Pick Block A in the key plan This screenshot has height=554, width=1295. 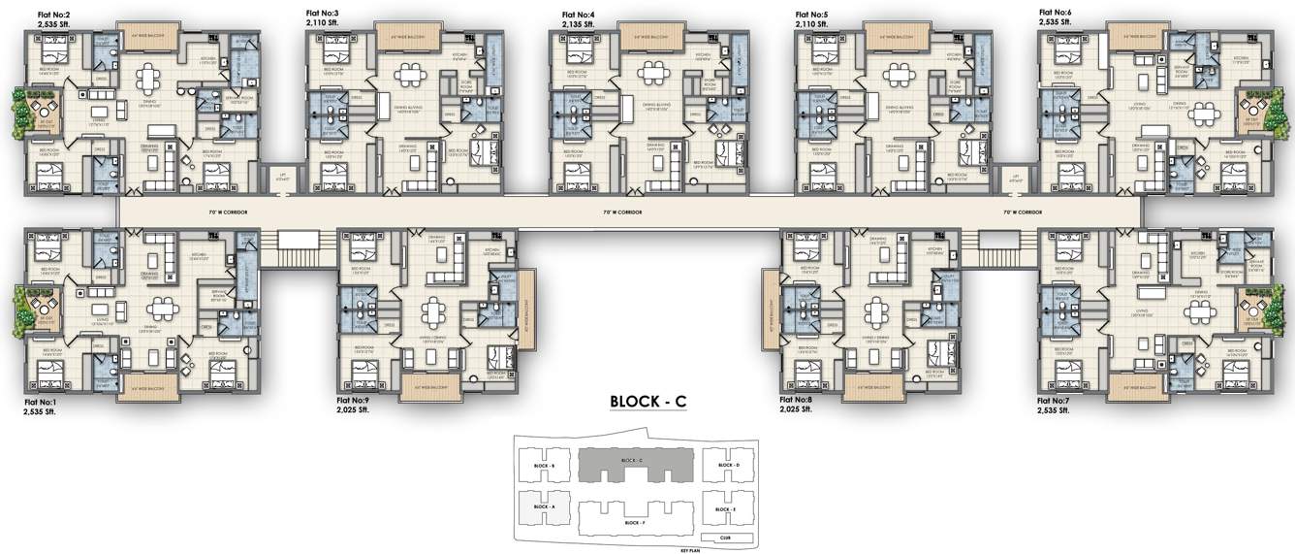coord(544,506)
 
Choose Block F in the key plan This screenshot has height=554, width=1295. coord(633,522)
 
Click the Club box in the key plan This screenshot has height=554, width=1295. coord(725,537)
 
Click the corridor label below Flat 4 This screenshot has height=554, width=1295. coord(622,212)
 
